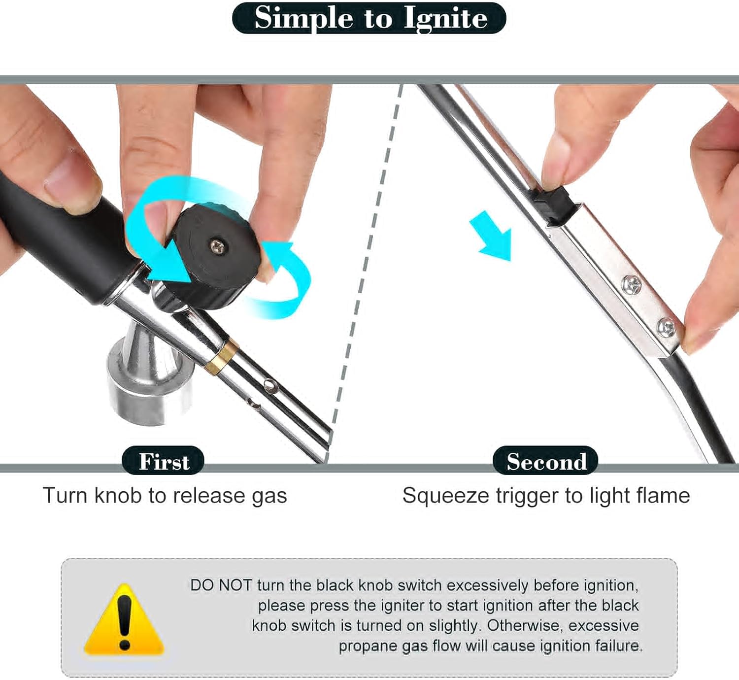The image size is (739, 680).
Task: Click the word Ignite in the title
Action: (445, 19)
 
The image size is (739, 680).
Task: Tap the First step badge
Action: (163, 461)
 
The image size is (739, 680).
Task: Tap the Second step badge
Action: (546, 461)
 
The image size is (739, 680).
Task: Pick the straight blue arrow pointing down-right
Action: (491, 236)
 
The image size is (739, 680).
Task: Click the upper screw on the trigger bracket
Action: (631, 285)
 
